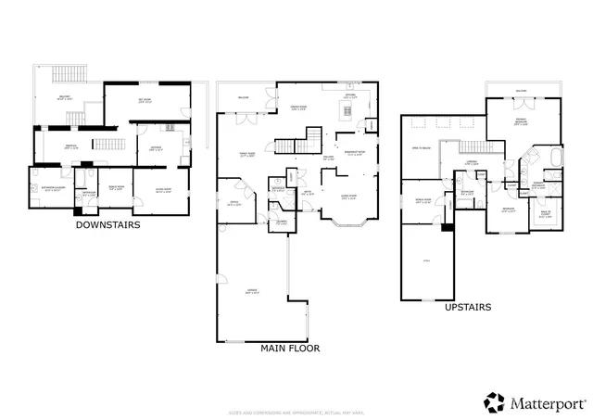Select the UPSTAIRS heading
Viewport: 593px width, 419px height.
pos(468,306)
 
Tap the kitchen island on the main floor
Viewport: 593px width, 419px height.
pos(348,112)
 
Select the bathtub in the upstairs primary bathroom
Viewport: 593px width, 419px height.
pos(555,158)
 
